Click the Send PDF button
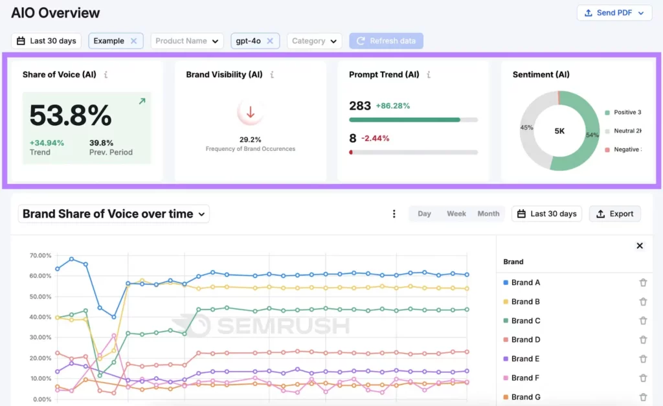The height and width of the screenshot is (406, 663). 614,13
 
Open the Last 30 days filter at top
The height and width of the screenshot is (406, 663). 47,41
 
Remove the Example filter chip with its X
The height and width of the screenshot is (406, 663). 133,41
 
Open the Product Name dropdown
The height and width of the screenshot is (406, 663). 187,41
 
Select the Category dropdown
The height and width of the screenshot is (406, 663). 315,41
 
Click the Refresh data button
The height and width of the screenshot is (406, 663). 386,41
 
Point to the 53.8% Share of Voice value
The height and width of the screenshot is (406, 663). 71,116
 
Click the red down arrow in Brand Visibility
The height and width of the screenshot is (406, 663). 251,113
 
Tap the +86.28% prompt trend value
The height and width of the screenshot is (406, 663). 393,106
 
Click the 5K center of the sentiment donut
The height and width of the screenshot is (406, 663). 559,131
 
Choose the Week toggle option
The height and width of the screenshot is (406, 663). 456,214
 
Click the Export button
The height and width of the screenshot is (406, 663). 614,214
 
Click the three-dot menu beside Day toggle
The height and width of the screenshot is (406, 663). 394,214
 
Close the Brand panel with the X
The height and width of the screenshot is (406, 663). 640,245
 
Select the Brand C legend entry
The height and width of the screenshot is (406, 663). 525,321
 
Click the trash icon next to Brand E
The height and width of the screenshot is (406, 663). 643,359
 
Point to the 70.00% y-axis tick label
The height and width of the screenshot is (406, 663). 40,256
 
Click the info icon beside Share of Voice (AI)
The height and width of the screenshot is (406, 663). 106,74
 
